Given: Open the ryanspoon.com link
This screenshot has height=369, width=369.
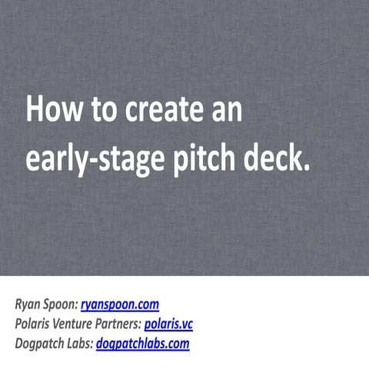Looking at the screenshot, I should [119, 305].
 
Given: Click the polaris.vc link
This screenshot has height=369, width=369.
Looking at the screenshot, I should [168, 324].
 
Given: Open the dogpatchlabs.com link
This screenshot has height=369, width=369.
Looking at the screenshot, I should [142, 344].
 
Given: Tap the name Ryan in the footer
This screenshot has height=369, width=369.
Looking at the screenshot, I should [28, 305].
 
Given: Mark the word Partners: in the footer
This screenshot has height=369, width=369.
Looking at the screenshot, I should [121, 324].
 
